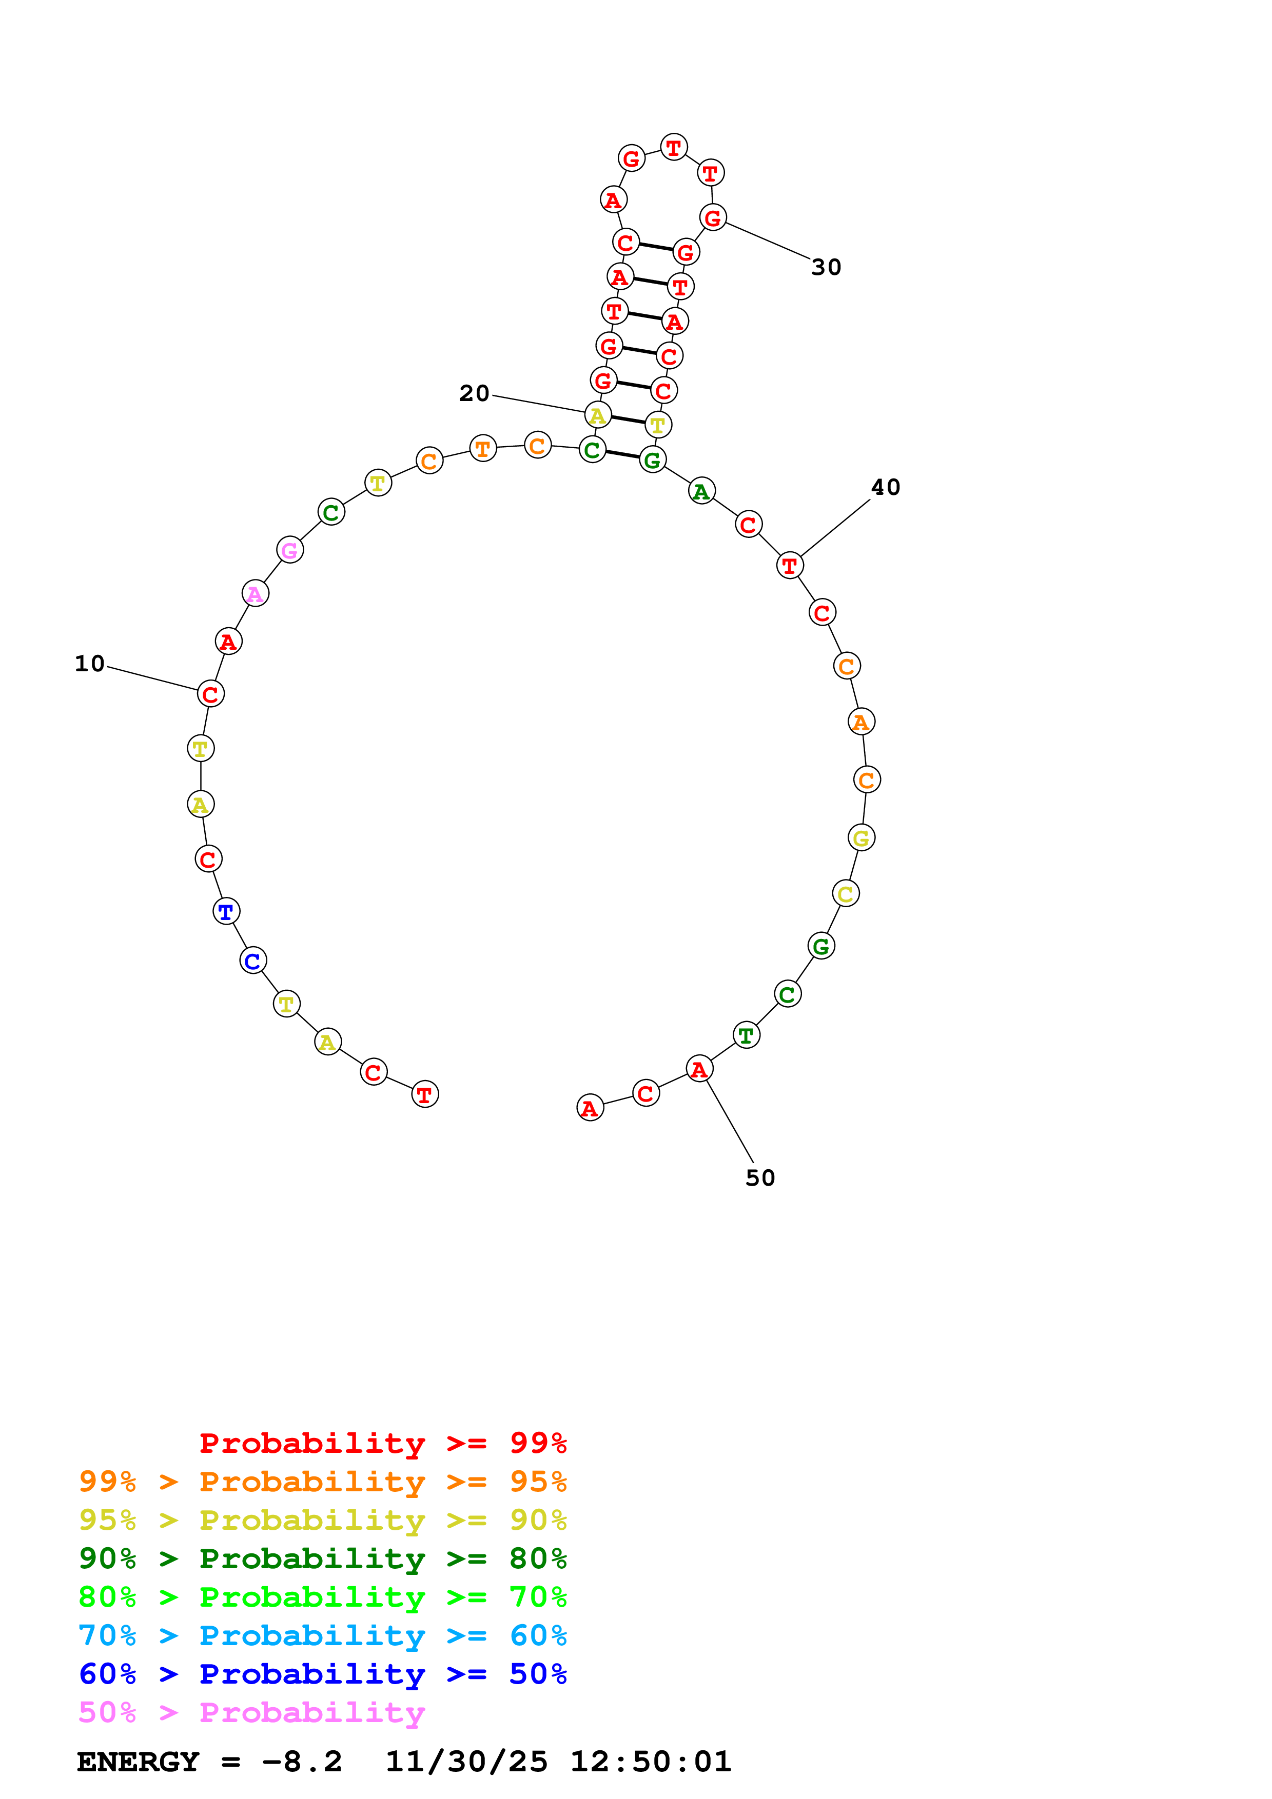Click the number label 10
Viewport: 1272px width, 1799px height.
pos(89,664)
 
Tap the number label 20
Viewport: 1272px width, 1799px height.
pos(474,393)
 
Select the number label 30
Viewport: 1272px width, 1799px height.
pos(826,267)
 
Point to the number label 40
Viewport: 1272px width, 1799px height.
pos(886,487)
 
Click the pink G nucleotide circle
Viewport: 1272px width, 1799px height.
pos(290,550)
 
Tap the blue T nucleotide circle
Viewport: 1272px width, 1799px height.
pos(226,911)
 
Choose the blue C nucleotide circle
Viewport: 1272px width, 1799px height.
pos(253,961)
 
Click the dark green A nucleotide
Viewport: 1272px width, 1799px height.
pos(701,491)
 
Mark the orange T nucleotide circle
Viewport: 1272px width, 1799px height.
pos(483,448)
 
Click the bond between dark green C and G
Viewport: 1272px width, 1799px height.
pos(622,454)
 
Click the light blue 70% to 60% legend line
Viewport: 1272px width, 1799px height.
pos(322,1635)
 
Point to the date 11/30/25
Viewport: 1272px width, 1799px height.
pos(466,1762)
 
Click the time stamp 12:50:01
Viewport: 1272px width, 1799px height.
pos(651,1762)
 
